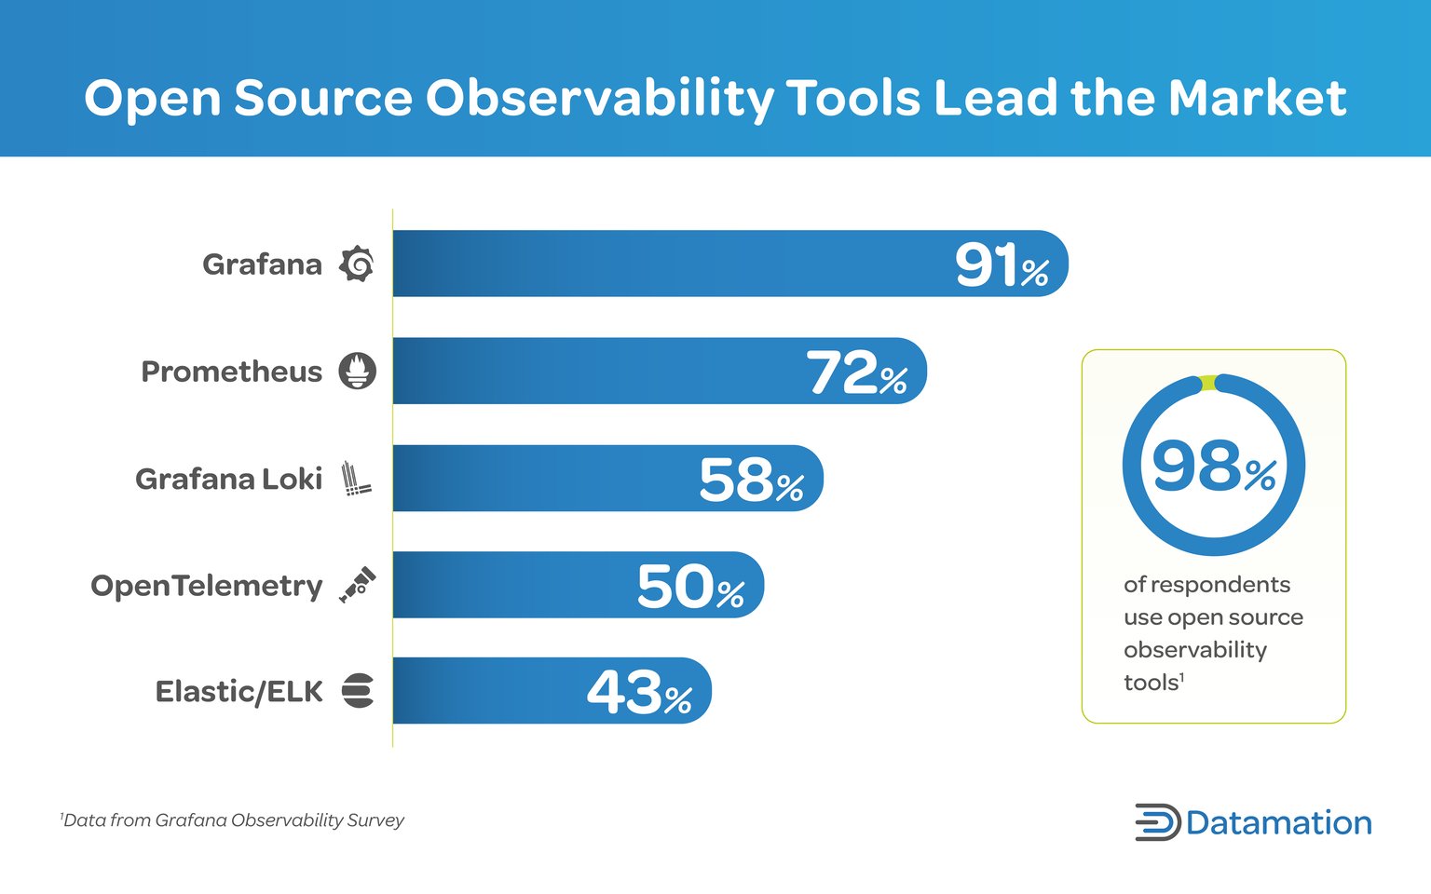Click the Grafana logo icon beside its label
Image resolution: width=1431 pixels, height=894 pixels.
point(357,264)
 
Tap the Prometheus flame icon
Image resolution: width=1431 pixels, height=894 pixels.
point(357,371)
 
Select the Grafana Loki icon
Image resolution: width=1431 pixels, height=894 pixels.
point(355,478)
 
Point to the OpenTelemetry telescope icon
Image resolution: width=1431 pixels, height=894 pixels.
point(357,585)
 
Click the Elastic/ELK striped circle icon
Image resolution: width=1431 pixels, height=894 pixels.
point(357,691)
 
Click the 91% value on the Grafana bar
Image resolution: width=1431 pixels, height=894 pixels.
point(1002,265)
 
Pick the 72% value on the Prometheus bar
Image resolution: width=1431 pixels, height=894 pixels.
point(856,372)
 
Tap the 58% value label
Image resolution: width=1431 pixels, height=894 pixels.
point(751,481)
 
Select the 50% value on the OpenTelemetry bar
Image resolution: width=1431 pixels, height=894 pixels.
point(690,588)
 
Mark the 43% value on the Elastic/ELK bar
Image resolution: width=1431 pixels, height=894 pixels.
point(639,694)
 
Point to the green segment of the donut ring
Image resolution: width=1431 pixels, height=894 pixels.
point(1208,382)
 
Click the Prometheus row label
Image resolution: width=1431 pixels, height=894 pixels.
point(231,372)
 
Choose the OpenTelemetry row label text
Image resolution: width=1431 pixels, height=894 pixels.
point(206,586)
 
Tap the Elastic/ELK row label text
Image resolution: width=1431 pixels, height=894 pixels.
point(238,692)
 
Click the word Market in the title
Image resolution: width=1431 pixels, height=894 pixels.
point(1257,98)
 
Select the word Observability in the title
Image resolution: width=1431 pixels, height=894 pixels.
point(599,98)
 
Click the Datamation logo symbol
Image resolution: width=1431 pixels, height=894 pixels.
point(1157,822)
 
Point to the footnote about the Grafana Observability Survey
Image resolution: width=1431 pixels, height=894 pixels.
point(233,820)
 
